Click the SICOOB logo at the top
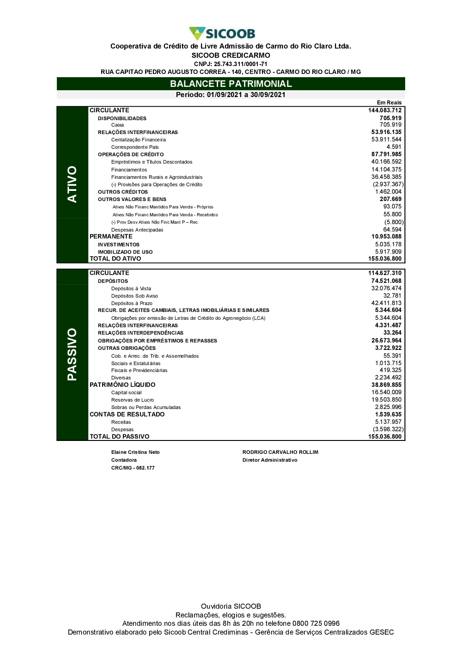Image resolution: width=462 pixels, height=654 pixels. pos(222,33)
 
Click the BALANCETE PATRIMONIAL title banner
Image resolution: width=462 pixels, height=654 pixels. pos(231,84)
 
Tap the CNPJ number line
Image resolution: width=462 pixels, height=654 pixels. pos(231,64)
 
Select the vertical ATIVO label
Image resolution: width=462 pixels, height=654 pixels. pos(72,184)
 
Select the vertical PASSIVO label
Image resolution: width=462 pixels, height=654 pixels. pos(72,354)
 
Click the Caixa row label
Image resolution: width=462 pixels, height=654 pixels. pos(117,125)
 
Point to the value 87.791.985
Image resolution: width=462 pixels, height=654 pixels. pos(386,154)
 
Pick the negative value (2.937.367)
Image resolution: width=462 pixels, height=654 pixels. pos(388,184)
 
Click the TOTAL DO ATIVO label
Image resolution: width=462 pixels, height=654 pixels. pos(115,259)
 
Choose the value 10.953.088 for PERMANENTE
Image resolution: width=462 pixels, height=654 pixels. pos(386,237)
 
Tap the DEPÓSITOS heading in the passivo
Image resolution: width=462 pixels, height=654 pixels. pos(113,281)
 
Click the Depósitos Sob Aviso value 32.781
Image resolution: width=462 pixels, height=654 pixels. pos(392,296)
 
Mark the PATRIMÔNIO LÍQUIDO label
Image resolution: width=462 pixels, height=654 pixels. pos(122,385)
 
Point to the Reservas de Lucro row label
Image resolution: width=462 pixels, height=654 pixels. pos(133,400)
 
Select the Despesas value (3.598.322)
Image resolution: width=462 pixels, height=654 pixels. pos(388,429)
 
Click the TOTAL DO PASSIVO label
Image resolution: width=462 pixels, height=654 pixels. pos(120,436)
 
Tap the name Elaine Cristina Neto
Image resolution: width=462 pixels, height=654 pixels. pos(135,452)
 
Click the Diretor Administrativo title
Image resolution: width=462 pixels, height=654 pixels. pos(270,460)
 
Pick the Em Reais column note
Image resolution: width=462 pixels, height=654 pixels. pos(389,103)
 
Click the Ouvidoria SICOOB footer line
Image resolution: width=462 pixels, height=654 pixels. pos(231,606)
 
